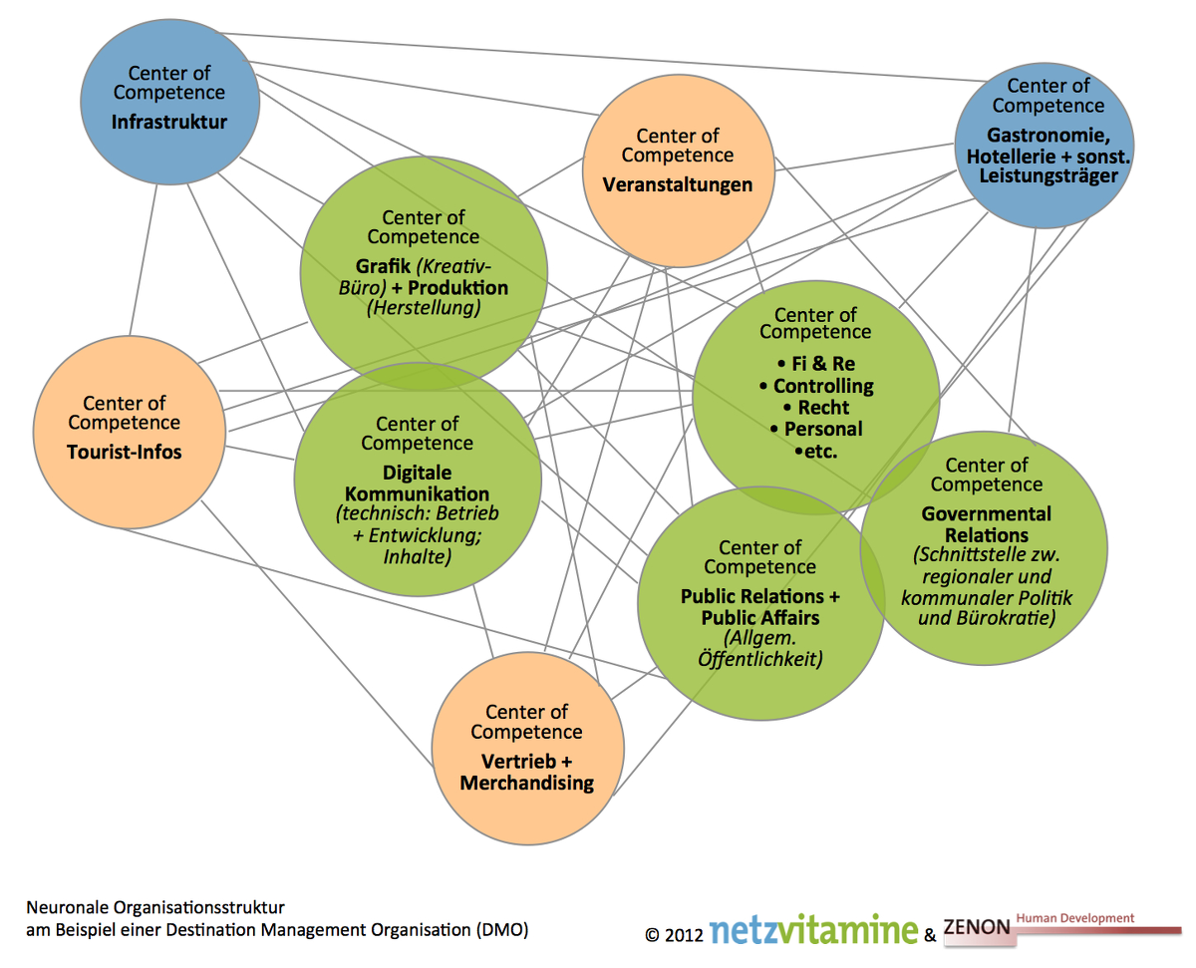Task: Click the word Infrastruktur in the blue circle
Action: click(169, 122)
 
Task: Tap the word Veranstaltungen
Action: click(677, 184)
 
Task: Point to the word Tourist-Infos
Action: click(125, 452)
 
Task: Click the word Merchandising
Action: click(526, 783)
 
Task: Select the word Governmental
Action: click(986, 513)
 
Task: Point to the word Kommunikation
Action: click(417, 494)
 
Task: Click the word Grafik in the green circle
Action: click(383, 266)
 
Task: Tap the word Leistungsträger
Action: click(1048, 176)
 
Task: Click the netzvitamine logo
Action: click(813, 929)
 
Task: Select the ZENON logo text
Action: click(977, 927)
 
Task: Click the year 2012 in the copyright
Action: click(684, 935)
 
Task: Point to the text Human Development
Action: click(1074, 918)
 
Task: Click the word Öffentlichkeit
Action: click(760, 658)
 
